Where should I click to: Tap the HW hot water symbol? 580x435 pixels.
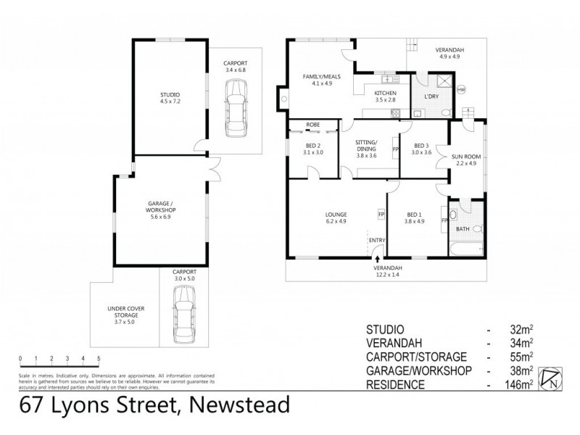pyautogui.click(x=461, y=90)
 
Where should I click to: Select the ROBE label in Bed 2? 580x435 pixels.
pyautogui.click(x=313, y=125)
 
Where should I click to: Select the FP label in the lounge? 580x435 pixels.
pyautogui.click(x=381, y=214)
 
